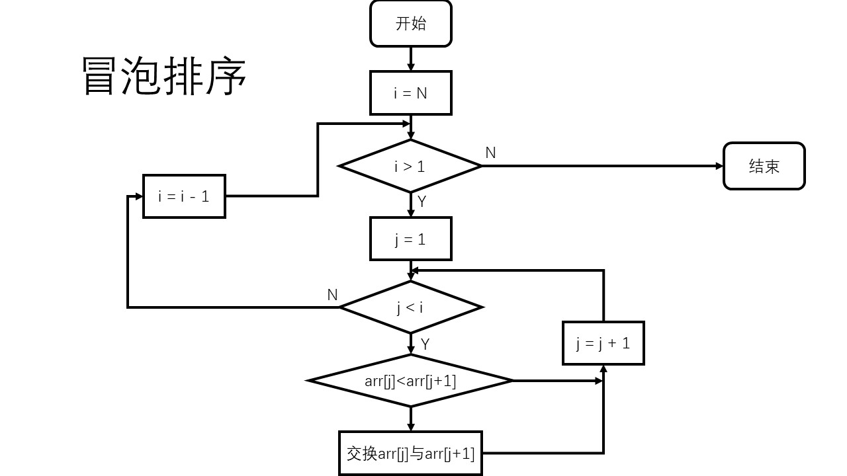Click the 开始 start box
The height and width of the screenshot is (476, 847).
coord(410,24)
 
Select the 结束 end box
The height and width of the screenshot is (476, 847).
coord(764,166)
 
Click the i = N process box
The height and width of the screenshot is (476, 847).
coord(410,93)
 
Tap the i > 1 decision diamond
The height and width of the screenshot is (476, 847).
coord(410,166)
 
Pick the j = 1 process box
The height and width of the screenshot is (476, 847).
coord(410,239)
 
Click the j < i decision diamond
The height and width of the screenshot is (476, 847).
coord(410,307)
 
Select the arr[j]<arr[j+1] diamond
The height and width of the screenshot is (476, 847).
coord(410,381)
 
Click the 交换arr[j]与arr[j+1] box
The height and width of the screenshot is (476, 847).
coord(410,454)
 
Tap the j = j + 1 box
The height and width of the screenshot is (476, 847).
coord(603,343)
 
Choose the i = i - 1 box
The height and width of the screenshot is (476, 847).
coord(184,196)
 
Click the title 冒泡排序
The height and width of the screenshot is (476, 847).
coord(164,77)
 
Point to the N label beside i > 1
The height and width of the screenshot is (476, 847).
coord(490,153)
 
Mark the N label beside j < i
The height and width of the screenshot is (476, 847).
coord(332,295)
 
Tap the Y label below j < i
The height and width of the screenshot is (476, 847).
coord(425,344)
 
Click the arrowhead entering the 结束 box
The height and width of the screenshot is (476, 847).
coord(720,166)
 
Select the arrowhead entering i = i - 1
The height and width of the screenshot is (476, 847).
coord(139,196)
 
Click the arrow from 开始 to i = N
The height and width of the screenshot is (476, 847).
coord(410,59)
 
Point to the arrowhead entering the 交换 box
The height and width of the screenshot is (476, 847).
coord(410,427)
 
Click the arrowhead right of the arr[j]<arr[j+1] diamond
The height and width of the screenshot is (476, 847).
coord(599,381)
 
